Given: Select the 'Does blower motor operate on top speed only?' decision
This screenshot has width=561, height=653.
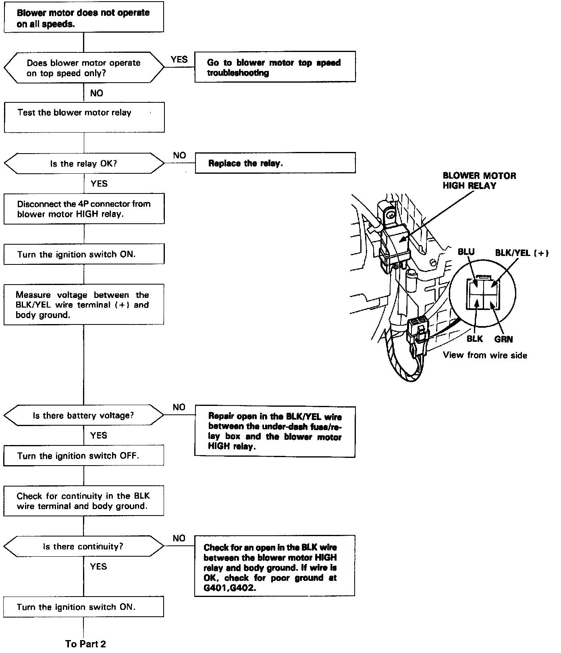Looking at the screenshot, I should (84, 68).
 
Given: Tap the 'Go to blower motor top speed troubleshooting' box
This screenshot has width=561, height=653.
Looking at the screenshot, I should (275, 67).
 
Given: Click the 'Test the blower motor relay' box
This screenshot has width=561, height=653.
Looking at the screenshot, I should (84, 117).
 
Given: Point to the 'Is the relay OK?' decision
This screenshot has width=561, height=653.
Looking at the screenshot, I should (84, 164).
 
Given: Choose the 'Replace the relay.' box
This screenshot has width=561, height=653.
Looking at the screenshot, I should (275, 163).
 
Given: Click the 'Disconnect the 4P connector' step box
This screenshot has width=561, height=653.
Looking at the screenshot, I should (84, 209).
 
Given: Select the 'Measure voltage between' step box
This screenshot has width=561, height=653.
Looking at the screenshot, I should (84, 305).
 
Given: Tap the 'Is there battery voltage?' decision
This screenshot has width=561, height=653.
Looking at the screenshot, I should (84, 415).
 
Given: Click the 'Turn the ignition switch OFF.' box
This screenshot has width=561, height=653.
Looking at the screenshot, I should (84, 456).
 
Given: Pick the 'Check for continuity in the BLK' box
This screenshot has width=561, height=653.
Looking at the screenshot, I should (84, 501).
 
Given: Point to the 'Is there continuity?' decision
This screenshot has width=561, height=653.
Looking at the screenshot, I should (84, 546).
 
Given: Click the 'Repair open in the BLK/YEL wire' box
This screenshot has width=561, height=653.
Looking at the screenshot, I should (275, 432).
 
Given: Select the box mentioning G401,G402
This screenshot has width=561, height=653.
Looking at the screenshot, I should (274, 566).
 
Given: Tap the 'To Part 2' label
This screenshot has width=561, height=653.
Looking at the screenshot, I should (85, 644).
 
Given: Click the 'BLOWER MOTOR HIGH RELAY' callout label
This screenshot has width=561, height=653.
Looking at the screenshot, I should (479, 181).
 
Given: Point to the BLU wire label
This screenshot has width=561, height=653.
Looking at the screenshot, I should (466, 252).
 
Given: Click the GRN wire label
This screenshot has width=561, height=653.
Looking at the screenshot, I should (503, 339).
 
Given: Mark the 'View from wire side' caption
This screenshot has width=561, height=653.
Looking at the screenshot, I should (485, 355).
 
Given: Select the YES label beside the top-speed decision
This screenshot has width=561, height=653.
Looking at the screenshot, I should (179, 60).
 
